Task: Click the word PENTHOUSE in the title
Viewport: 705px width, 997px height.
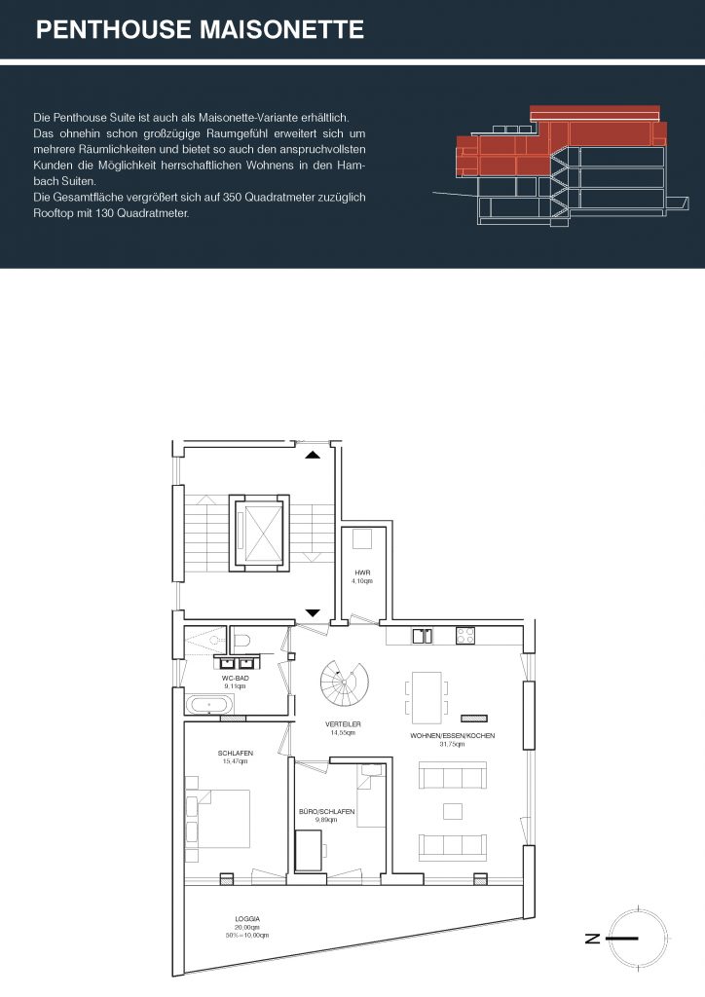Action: click(x=113, y=29)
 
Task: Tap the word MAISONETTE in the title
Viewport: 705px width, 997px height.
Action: click(x=281, y=29)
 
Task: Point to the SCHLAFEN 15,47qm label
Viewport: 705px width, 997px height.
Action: click(x=236, y=757)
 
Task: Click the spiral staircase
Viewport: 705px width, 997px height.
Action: click(x=344, y=683)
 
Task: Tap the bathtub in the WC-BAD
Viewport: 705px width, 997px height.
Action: click(x=209, y=705)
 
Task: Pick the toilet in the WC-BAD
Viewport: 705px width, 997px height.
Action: click(x=241, y=641)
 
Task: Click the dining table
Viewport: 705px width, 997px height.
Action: click(x=426, y=697)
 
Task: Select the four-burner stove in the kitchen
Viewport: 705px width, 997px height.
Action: click(x=464, y=635)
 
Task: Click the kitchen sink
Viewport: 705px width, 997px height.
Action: click(x=422, y=635)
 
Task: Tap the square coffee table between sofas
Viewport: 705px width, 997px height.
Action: click(x=453, y=811)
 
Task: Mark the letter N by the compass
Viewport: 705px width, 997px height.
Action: click(x=592, y=938)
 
